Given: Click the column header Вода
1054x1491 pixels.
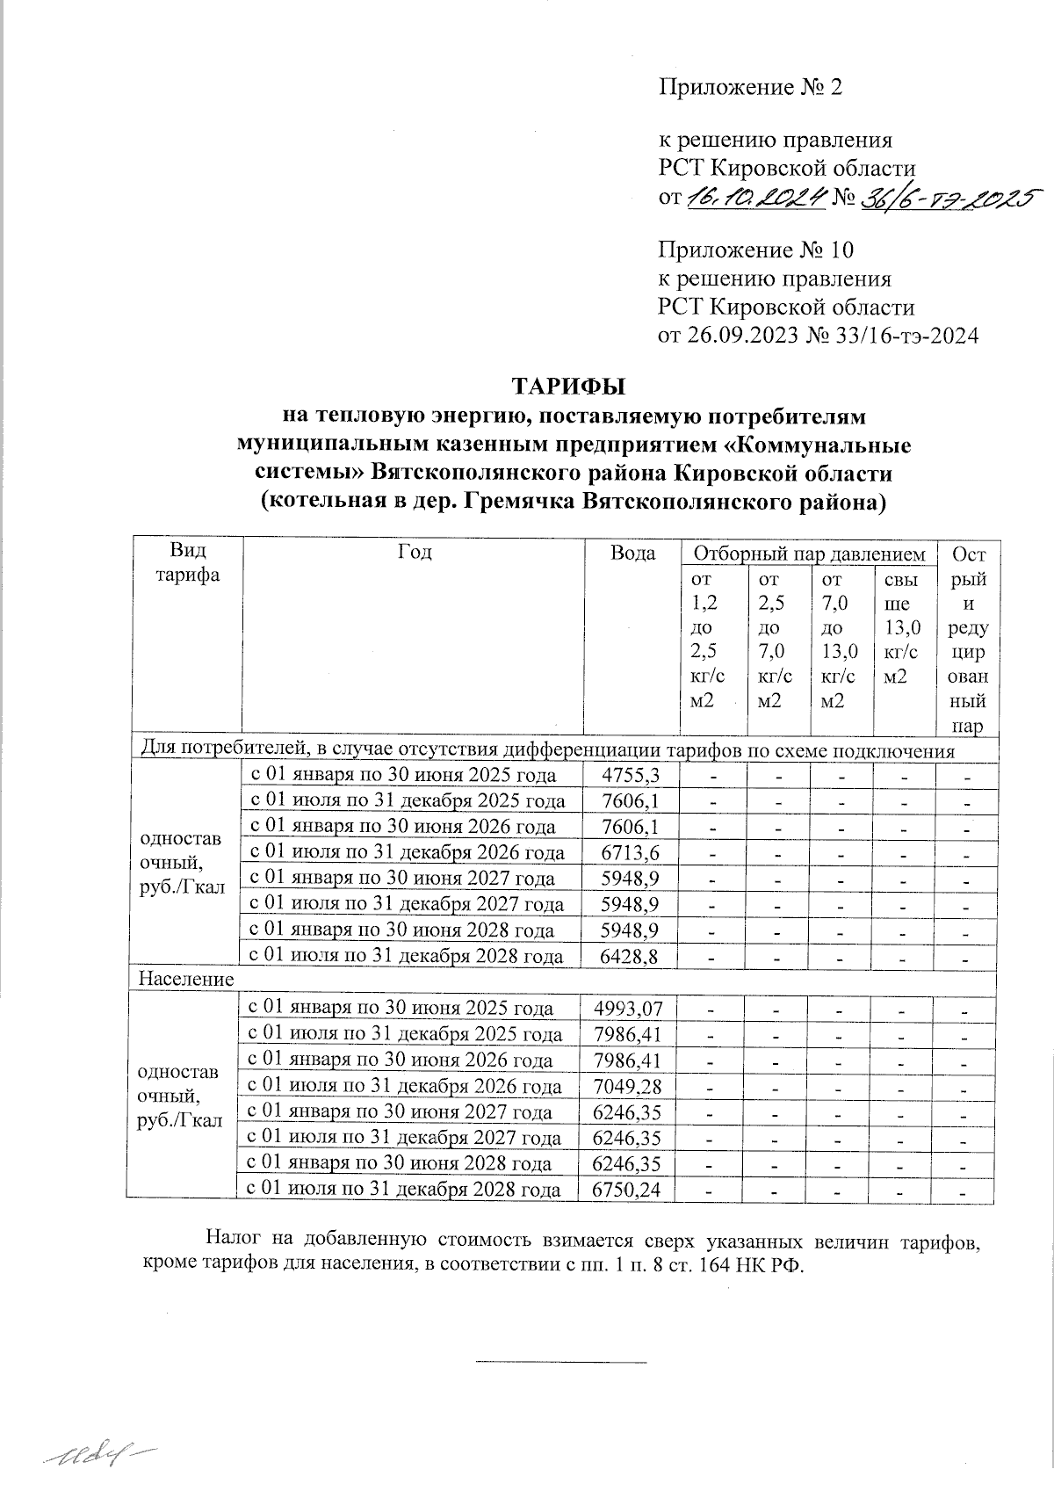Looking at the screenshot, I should click(632, 554).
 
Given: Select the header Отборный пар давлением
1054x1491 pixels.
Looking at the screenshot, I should click(809, 554).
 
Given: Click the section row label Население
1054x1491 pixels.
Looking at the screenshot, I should click(184, 979).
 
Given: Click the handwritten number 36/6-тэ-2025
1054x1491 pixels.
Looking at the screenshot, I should click(949, 199).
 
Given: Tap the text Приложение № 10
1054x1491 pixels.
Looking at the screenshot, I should click(755, 250).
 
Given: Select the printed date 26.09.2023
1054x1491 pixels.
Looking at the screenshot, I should click(738, 335).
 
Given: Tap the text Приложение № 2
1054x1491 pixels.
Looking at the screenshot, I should click(750, 87).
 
